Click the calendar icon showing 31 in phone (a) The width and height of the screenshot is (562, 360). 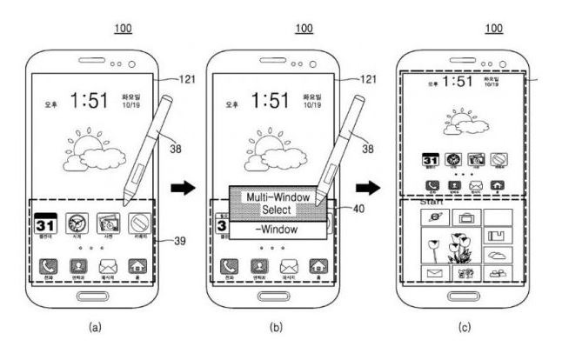point(44,223)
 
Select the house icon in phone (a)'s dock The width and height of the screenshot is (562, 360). point(137,268)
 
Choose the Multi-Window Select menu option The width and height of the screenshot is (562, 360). point(276,203)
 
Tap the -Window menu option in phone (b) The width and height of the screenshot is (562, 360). point(275,230)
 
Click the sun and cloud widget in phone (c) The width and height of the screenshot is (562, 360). point(465,128)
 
